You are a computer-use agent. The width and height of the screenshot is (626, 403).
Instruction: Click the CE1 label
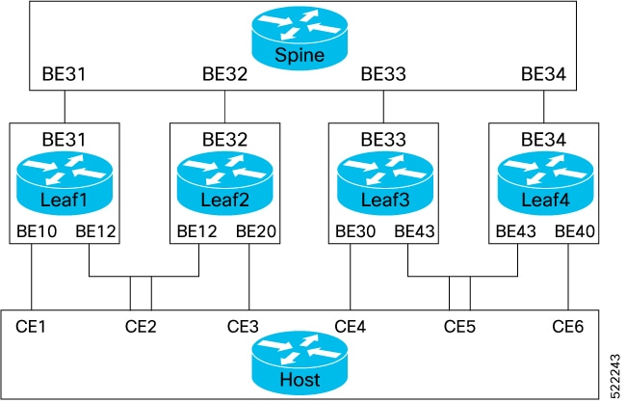(33, 326)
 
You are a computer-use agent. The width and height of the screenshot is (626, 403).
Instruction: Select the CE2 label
(141, 326)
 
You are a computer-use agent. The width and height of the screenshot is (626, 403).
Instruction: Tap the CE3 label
(243, 326)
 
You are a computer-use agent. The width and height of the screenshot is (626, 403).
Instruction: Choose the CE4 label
(352, 326)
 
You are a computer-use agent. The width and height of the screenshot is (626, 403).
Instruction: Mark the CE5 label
(460, 326)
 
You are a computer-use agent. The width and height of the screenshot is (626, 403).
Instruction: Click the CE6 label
(568, 326)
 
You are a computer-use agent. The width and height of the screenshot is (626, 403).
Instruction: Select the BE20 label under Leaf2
(254, 231)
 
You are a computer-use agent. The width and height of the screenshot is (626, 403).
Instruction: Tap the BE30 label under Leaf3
(355, 231)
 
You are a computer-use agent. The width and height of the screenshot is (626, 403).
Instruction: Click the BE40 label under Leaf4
(574, 231)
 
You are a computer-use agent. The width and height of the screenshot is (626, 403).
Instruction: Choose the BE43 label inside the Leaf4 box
(515, 231)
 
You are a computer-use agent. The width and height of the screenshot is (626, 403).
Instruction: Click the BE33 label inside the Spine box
(382, 73)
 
